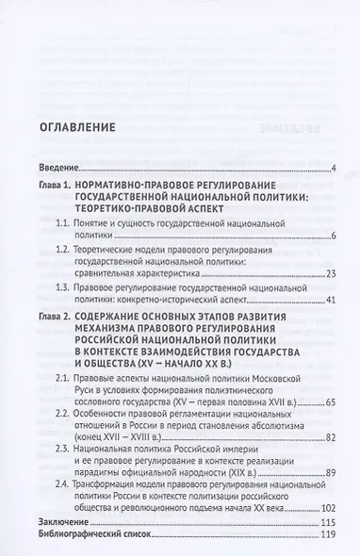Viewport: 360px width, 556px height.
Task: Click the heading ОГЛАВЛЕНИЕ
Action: point(77,126)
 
